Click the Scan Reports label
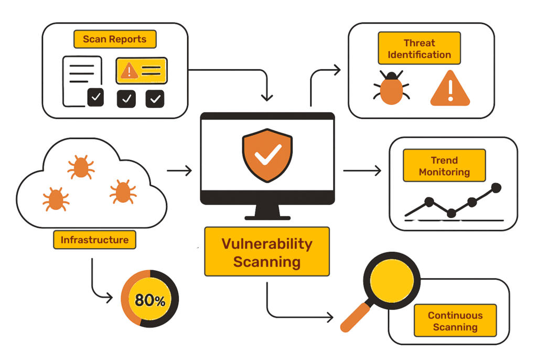pos(115,39)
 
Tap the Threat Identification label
pos(419,48)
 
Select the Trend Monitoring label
pos(444,166)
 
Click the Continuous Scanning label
pos(455,321)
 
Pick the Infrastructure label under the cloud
pos(94,240)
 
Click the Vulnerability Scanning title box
pos(267,252)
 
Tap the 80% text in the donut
pos(150,300)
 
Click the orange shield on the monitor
pos(267,155)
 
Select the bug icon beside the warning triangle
pos(391,88)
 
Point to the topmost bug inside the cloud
pos(81,167)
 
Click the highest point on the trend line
pos(496,187)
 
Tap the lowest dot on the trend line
pos(452,213)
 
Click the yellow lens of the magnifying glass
pos(392,281)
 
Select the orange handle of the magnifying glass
pos(355,317)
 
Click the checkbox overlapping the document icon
pos(95,97)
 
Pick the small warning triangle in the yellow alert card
pos(129,71)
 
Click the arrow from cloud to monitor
pos(179,171)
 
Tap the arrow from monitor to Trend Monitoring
pos(362,171)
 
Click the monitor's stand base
pos(267,218)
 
